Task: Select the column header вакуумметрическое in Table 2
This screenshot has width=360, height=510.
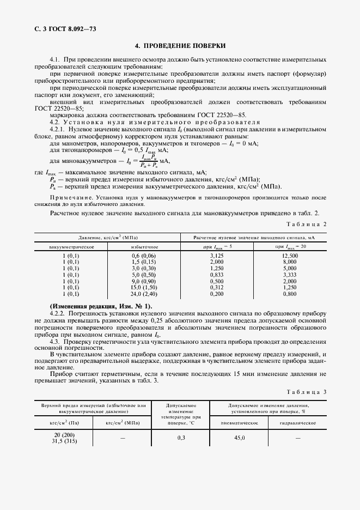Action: [71, 247]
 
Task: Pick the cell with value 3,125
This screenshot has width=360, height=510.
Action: [217, 255]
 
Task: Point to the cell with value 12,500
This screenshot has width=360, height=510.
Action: [290, 255]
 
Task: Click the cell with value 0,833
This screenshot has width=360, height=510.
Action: [217, 276]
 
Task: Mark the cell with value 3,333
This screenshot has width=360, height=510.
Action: [290, 276]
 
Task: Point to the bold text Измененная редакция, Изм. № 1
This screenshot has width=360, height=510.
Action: [101, 307]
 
